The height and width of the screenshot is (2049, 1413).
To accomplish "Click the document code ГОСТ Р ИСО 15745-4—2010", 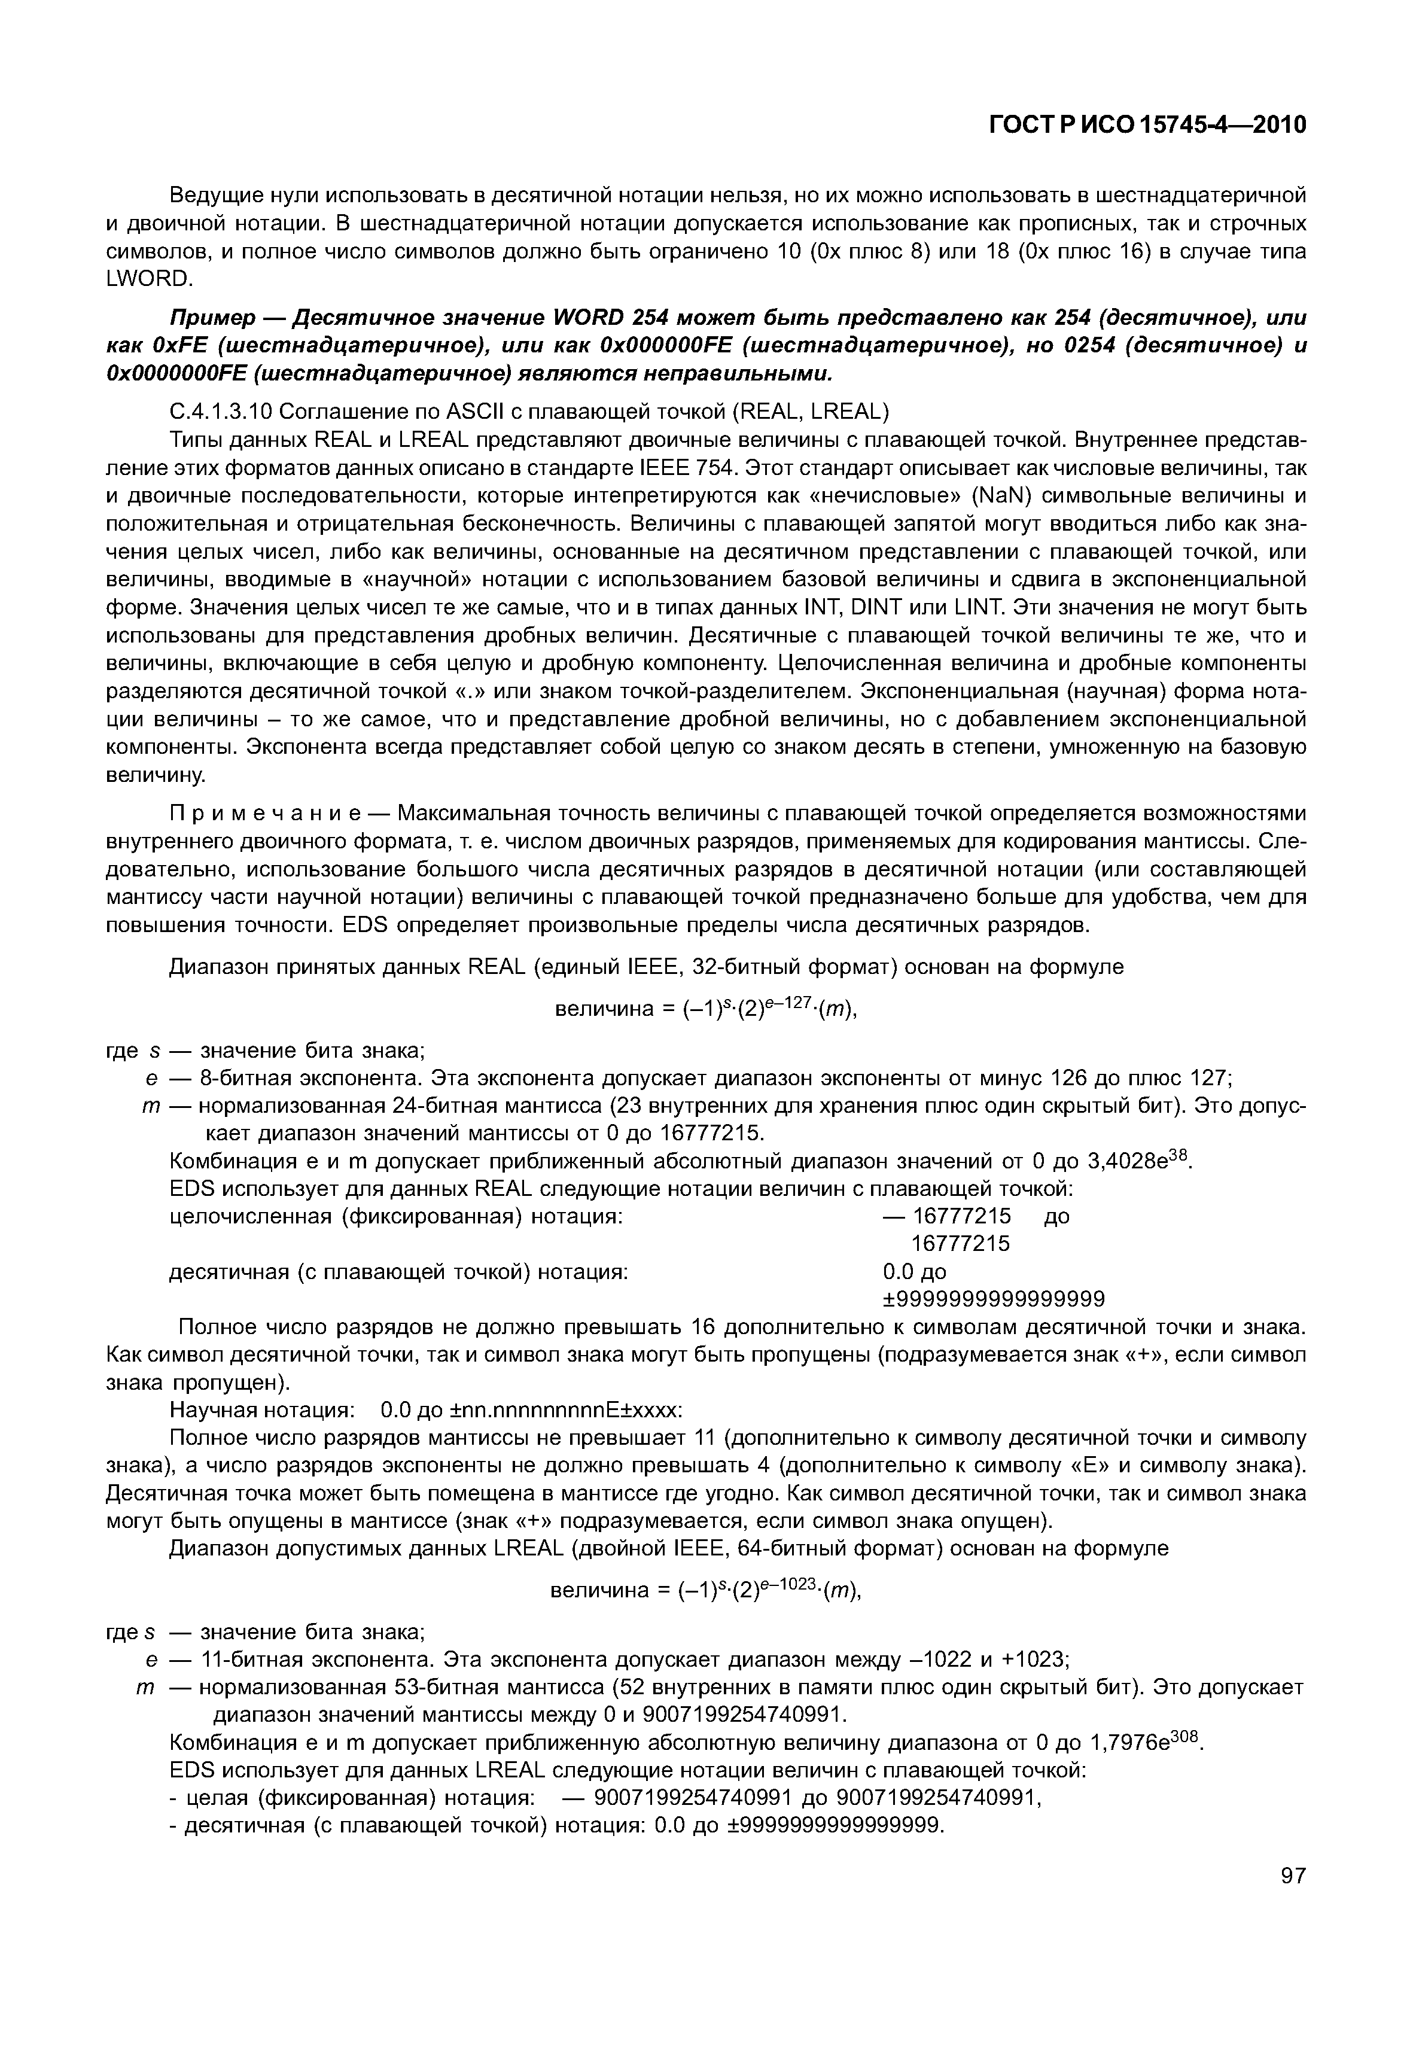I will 1147,126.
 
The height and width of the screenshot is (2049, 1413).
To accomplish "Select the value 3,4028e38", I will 1140,1161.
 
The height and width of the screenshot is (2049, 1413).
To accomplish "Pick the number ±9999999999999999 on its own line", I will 994,1299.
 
